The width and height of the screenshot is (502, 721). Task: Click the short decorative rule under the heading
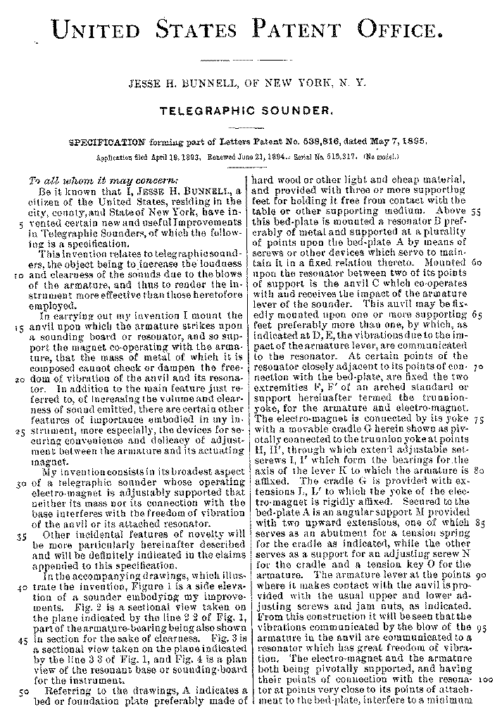click(251, 61)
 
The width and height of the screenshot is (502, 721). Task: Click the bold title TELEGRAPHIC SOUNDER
click(250, 111)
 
